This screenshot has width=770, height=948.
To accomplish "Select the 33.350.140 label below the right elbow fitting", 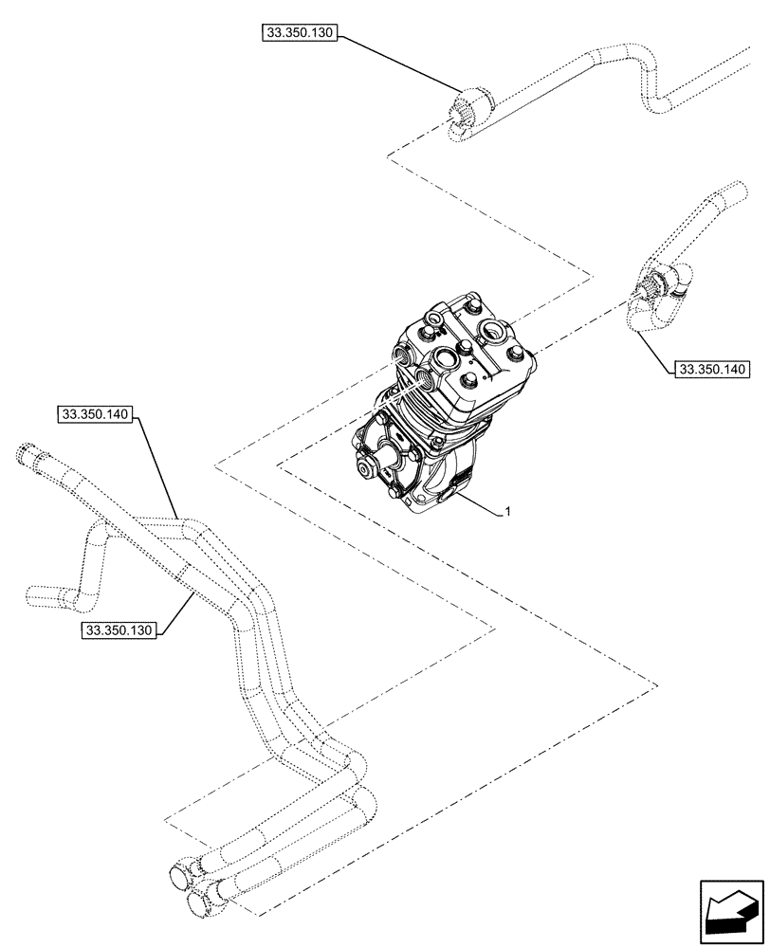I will click(710, 368).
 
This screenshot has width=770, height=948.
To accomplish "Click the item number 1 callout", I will click(509, 512).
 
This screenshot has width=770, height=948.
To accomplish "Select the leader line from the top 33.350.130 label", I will click(398, 64).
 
